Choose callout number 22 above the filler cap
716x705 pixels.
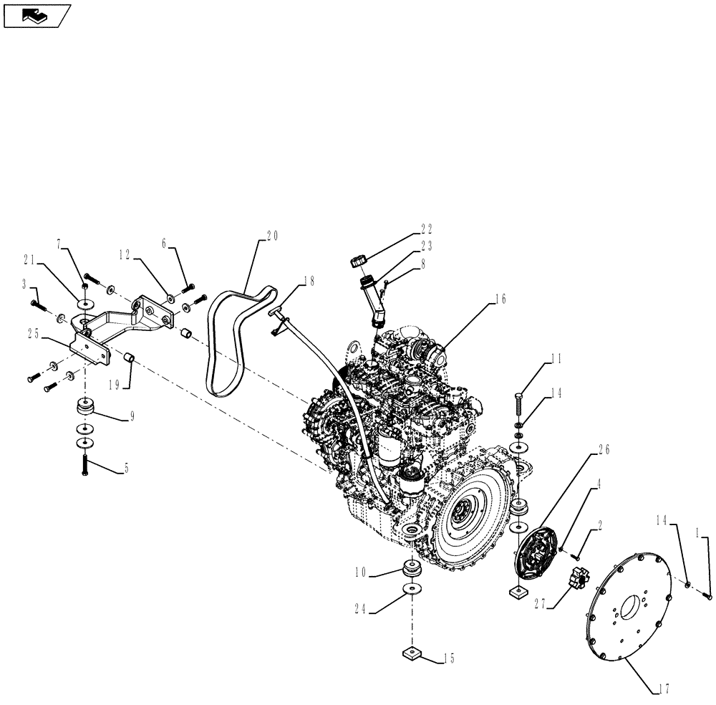[x=427, y=230]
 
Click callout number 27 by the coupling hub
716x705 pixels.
[x=541, y=603]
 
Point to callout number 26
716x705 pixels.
[x=604, y=451]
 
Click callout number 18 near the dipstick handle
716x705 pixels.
[x=309, y=282]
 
